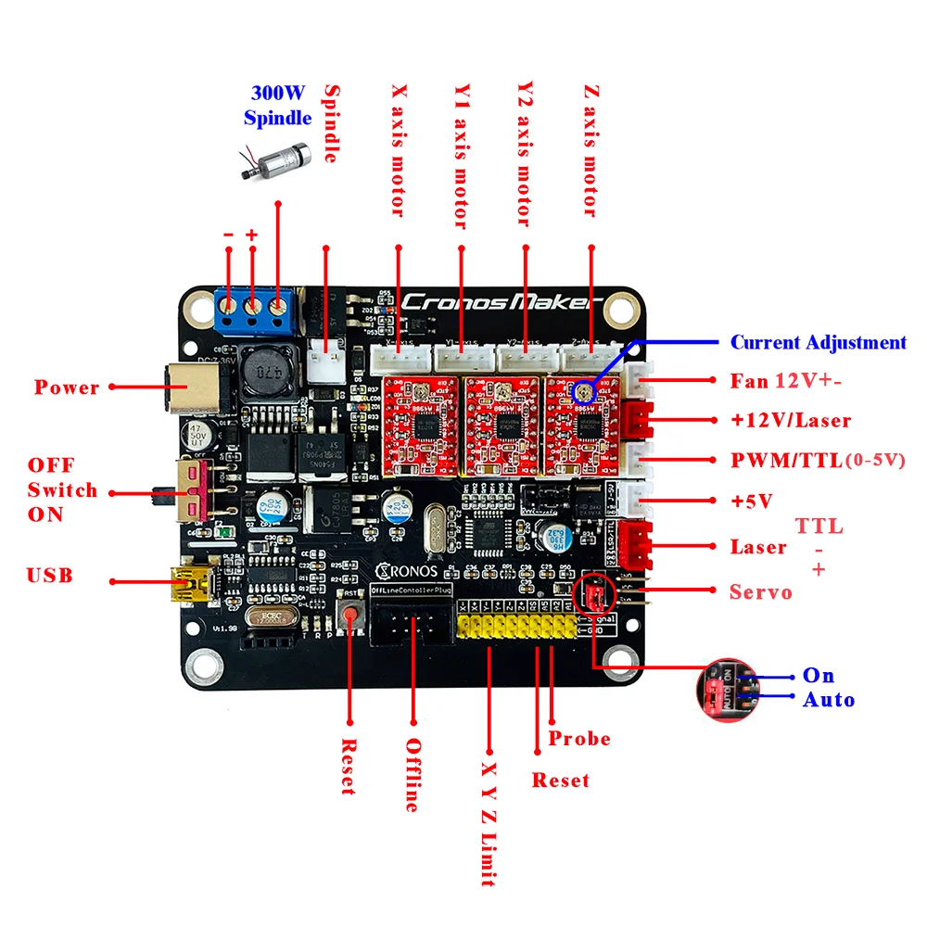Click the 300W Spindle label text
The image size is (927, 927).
click(x=277, y=106)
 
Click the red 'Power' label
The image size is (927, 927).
click(x=67, y=387)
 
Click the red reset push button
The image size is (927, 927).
click(x=350, y=613)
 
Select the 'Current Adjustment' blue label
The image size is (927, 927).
click(x=819, y=342)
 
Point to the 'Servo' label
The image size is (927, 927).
click(x=761, y=591)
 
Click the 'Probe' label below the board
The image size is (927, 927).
click(x=579, y=739)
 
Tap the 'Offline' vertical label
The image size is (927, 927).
click(x=413, y=774)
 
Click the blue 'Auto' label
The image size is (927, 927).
click(x=829, y=700)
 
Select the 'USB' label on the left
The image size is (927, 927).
click(x=50, y=576)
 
